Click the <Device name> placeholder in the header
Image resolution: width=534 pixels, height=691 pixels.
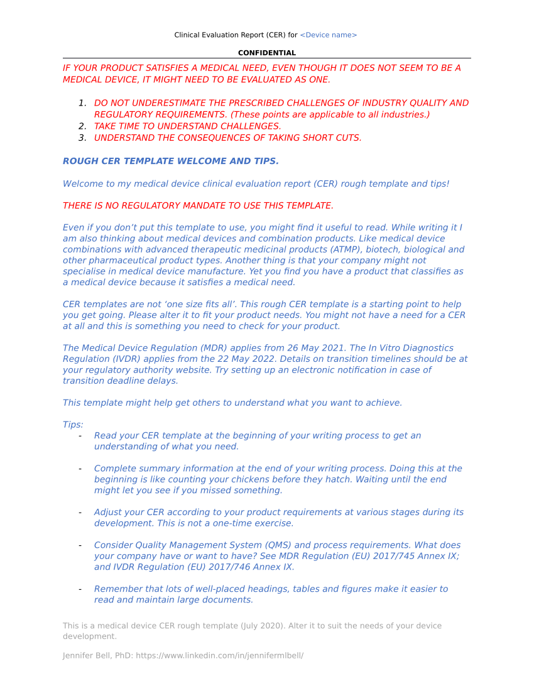328,35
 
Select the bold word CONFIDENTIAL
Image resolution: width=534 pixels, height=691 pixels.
267,53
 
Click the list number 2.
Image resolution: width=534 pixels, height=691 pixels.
82,126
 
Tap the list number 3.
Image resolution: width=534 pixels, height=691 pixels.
82,138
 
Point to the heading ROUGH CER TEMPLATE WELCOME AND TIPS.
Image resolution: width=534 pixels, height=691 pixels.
170,161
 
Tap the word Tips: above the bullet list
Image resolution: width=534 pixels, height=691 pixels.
73,425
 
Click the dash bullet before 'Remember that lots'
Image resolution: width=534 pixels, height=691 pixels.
80,589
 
